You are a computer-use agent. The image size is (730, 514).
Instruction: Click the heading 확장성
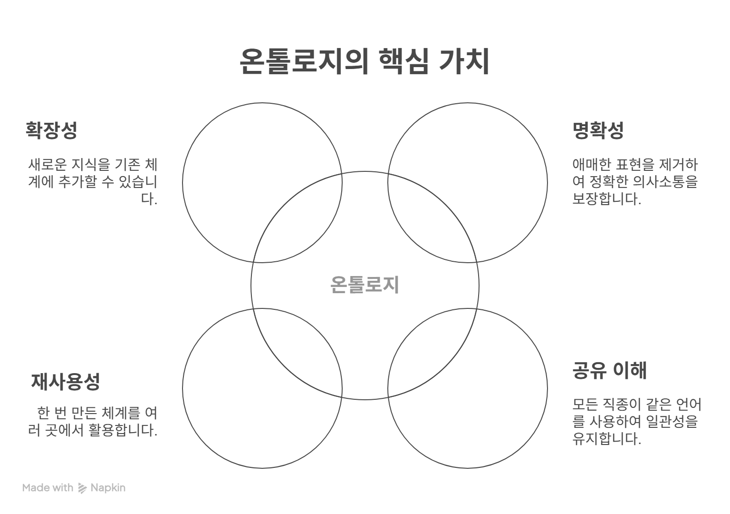pyautogui.click(x=51, y=130)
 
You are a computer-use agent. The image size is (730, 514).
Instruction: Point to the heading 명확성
pyautogui.click(x=598, y=130)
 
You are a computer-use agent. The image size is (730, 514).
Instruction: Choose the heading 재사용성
pyautogui.click(x=66, y=381)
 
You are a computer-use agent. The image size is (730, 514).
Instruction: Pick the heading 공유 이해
pyautogui.click(x=609, y=370)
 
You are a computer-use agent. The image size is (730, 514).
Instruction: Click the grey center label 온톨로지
pyautogui.click(x=365, y=285)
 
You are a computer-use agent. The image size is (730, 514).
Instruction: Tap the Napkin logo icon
pyautogui.click(x=82, y=488)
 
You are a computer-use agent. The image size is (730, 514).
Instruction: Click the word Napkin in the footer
pyautogui.click(x=108, y=488)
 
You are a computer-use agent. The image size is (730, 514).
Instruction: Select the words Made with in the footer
pyautogui.click(x=48, y=488)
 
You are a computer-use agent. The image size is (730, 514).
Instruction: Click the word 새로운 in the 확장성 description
pyautogui.click(x=48, y=165)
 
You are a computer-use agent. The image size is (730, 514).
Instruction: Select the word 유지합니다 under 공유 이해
pyautogui.click(x=606, y=438)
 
